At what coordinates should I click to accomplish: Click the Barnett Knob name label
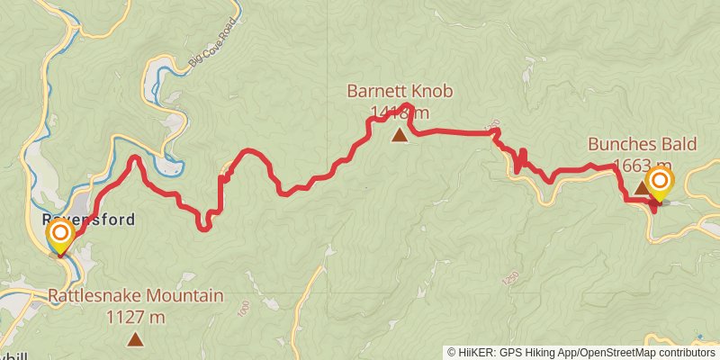(x=400, y=92)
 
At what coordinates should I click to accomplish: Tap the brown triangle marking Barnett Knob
(x=400, y=136)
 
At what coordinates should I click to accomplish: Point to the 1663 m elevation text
(x=639, y=165)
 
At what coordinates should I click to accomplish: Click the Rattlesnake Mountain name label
(x=135, y=296)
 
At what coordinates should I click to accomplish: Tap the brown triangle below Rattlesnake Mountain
(x=135, y=339)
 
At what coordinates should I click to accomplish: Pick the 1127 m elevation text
(x=135, y=317)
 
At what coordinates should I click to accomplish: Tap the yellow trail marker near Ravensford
(x=60, y=236)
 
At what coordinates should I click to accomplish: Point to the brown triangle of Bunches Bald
(x=641, y=188)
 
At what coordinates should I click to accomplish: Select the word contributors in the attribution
(x=688, y=353)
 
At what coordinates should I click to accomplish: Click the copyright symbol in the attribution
(x=452, y=353)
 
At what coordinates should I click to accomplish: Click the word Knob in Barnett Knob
(x=433, y=92)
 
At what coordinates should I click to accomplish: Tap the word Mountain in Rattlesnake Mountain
(x=184, y=296)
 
